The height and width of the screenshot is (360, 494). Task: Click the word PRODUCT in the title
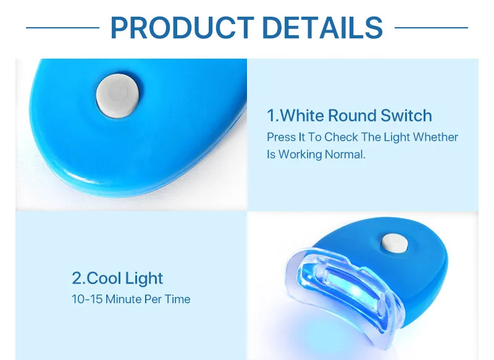tap(182, 28)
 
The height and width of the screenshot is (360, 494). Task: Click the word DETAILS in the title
tap(322, 28)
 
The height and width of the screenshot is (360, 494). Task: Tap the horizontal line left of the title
tap(62, 28)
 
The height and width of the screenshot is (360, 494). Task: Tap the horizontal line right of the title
tap(431, 28)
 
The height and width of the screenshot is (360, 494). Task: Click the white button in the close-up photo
tap(117, 96)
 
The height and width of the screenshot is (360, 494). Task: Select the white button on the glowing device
tap(395, 243)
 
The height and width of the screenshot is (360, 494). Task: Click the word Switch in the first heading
tap(406, 115)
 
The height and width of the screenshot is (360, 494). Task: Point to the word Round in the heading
tap(352, 115)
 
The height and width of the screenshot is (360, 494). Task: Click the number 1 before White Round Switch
tap(271, 115)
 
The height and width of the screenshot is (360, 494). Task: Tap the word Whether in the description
tap(435, 137)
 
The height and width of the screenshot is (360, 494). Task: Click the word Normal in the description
tap(345, 154)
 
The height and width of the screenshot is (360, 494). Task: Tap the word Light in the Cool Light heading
tap(144, 278)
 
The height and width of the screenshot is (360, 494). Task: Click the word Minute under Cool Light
tap(124, 299)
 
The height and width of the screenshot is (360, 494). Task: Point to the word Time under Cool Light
tap(178, 299)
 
